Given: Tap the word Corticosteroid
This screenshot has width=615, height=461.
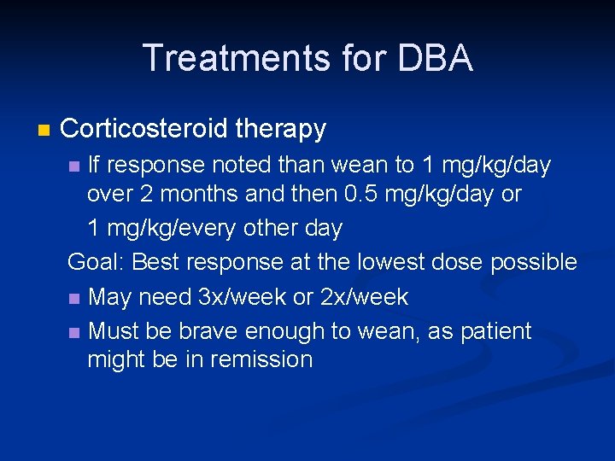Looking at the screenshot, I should [144, 129].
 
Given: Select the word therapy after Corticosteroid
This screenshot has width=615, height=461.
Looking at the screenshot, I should [281, 129].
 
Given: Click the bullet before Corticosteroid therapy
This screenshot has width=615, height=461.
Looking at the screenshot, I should [44, 130].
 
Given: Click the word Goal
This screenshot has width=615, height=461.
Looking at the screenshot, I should [95, 262].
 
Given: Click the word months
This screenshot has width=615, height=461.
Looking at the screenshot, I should [197, 195].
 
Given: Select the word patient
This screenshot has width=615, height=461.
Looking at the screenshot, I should [496, 330].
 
